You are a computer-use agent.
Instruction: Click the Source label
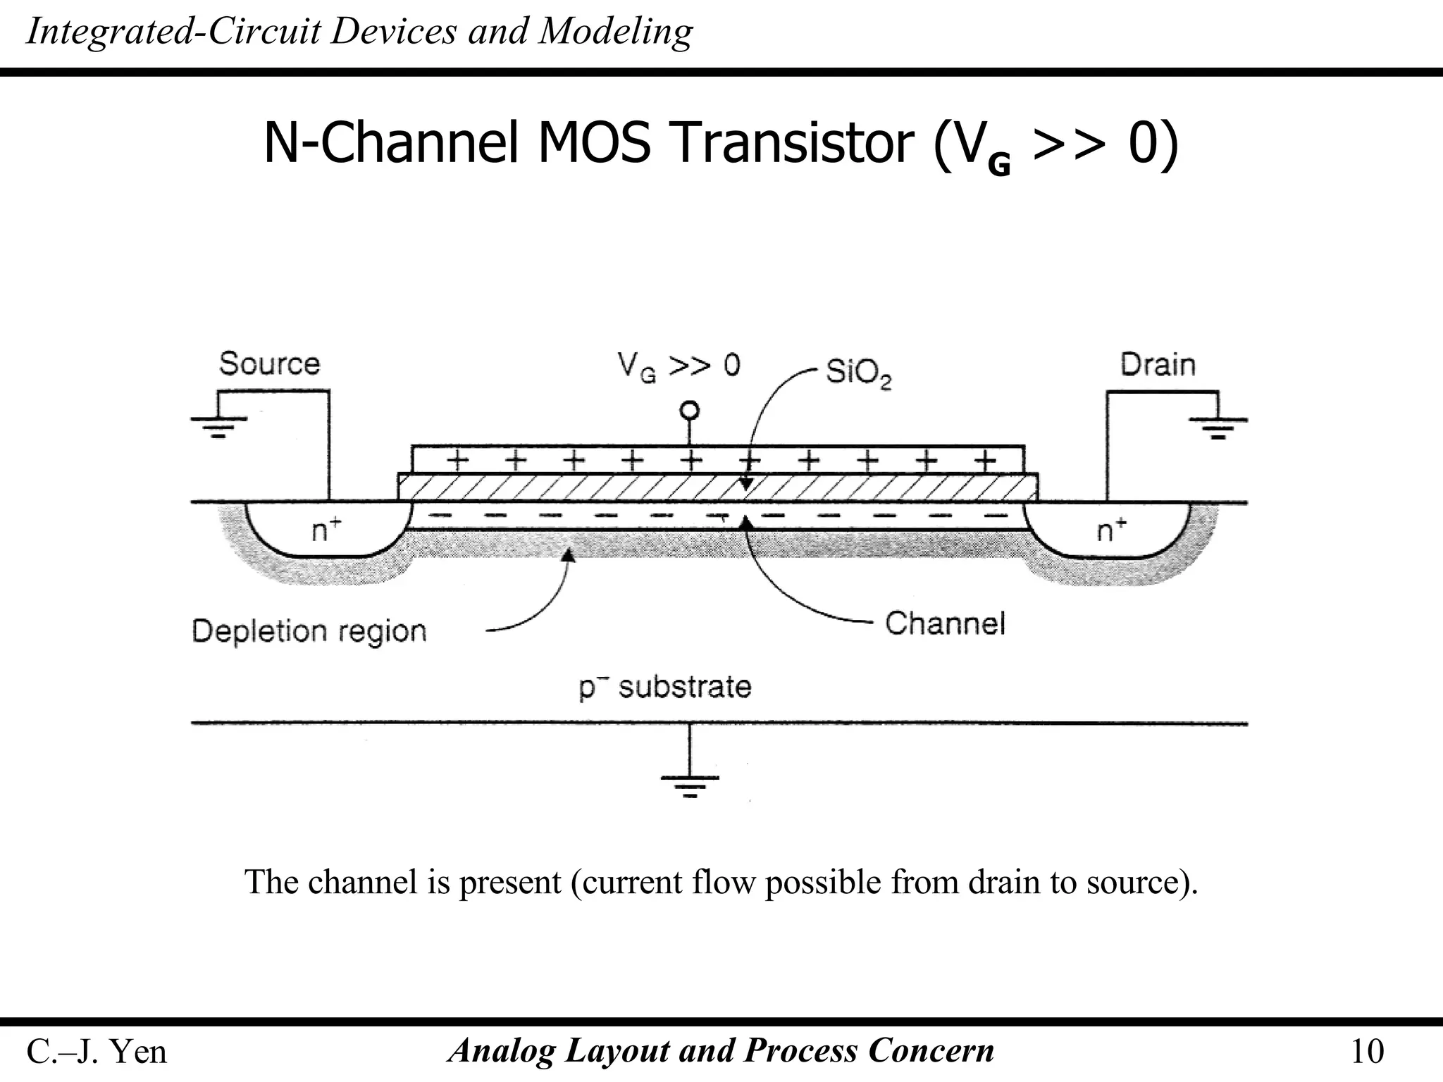coord(269,364)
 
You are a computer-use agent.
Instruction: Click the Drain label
coord(1158,365)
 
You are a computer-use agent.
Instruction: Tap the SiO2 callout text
coord(857,372)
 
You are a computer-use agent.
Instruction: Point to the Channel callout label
coord(944,624)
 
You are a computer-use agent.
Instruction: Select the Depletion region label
coord(309,631)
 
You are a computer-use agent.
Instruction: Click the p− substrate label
coord(665,687)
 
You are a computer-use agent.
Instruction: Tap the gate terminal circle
coord(690,411)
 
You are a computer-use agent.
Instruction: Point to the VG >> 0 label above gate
coord(679,366)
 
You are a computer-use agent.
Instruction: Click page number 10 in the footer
coord(1366,1052)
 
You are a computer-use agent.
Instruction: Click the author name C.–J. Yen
coord(97,1052)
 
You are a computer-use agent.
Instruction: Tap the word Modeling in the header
coord(615,32)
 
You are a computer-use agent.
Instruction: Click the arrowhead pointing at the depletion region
coord(568,556)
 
